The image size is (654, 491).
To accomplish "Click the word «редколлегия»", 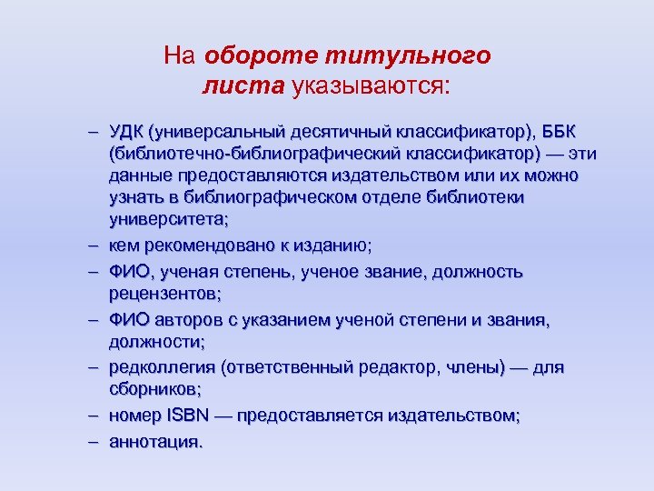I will point(160,367).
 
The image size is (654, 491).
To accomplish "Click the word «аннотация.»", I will point(154,442).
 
